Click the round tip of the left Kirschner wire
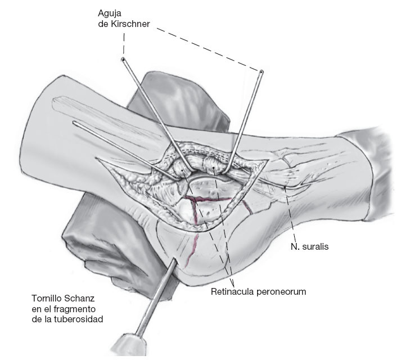(x=123, y=58)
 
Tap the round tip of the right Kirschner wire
(x=261, y=71)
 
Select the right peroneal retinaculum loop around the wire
(x=216, y=164)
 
